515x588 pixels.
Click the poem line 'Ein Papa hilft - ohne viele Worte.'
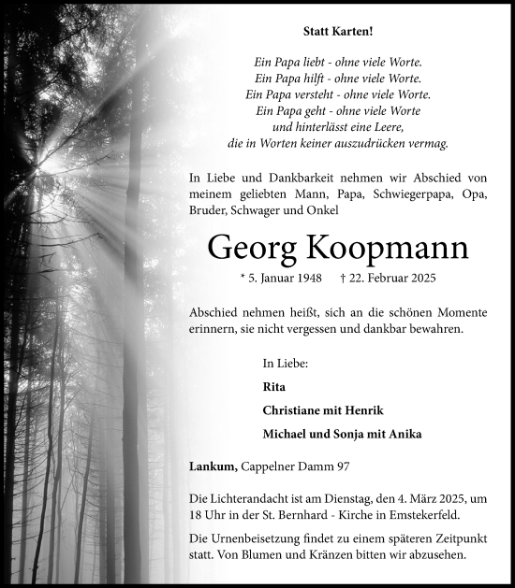(x=337, y=78)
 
